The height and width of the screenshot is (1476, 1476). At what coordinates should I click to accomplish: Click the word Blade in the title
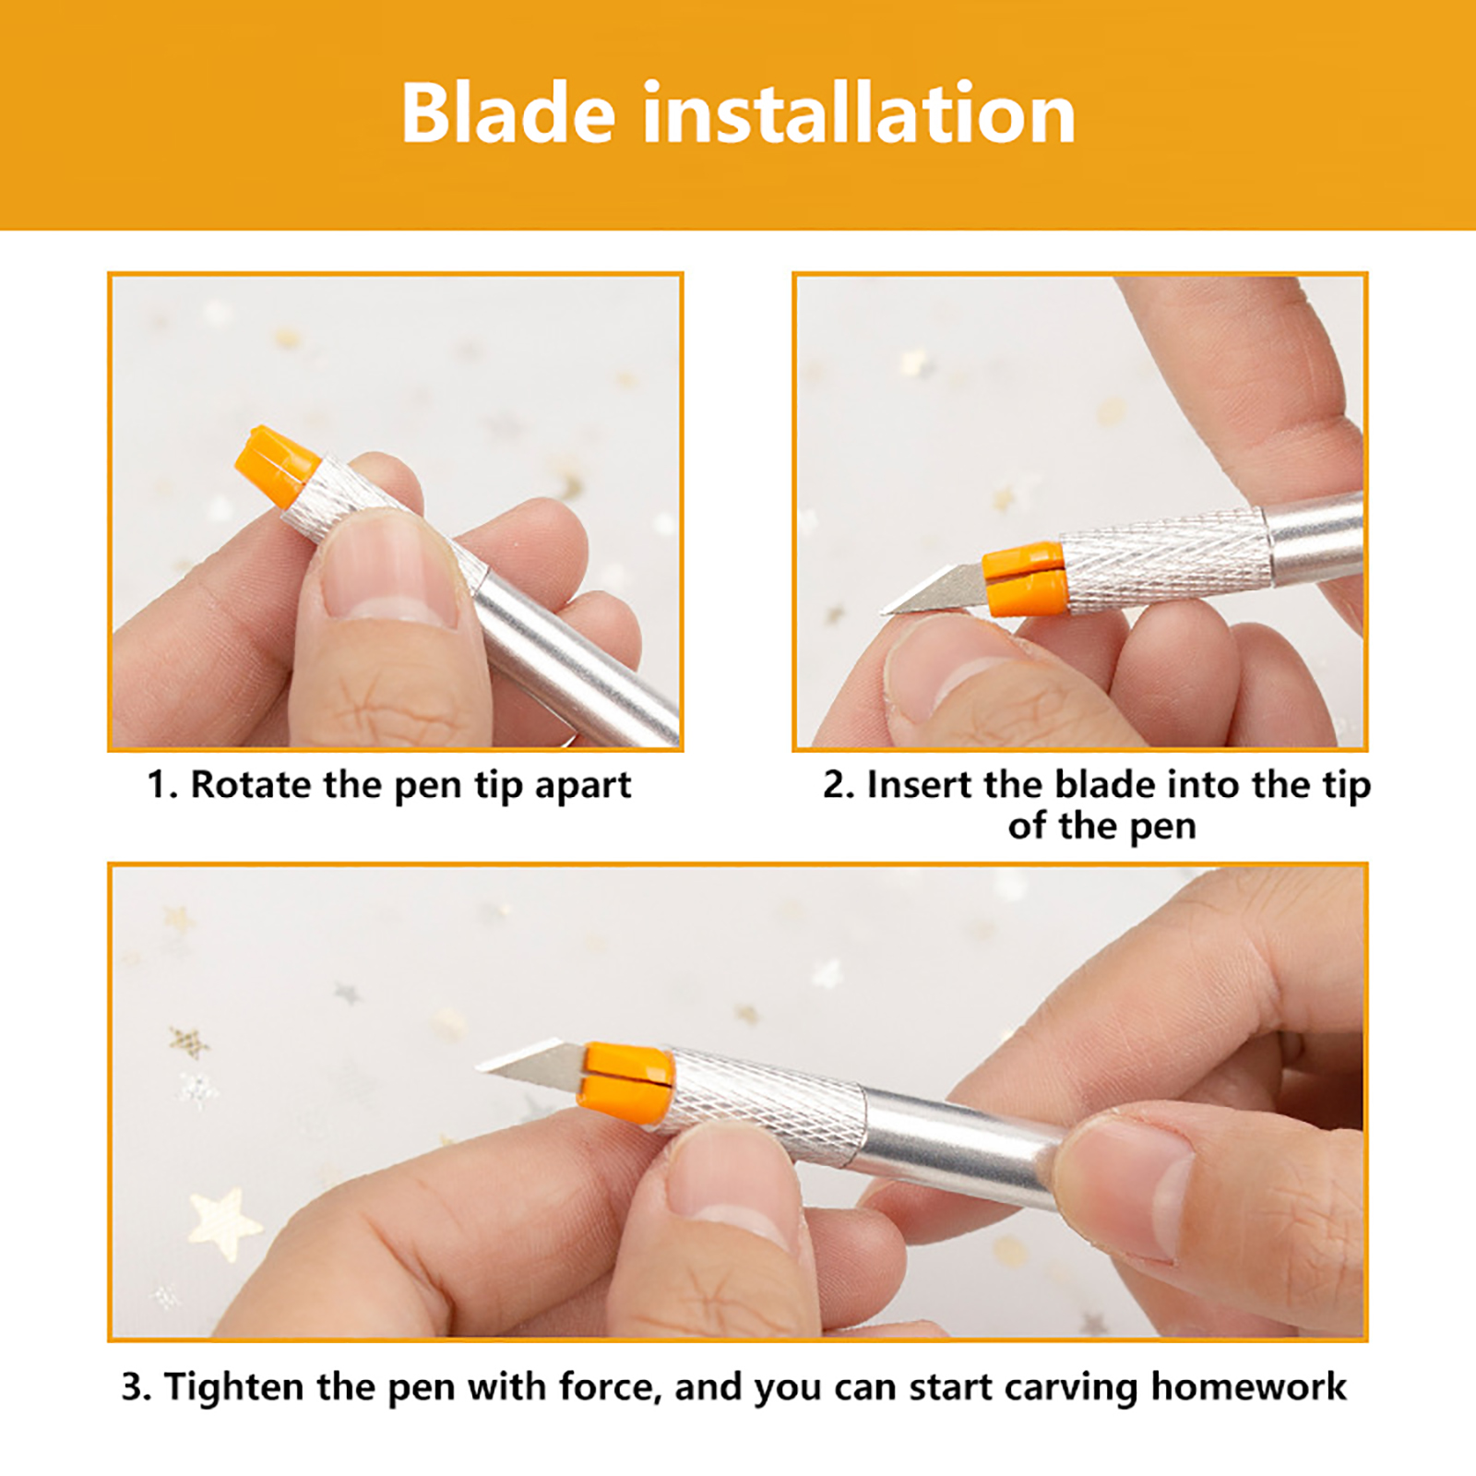[508, 113]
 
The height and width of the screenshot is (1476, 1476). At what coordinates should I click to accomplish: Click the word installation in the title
[859, 113]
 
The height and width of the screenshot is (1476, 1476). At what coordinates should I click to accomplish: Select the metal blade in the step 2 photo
[933, 591]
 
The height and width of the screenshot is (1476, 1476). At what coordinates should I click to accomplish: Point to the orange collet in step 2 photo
[1025, 579]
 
